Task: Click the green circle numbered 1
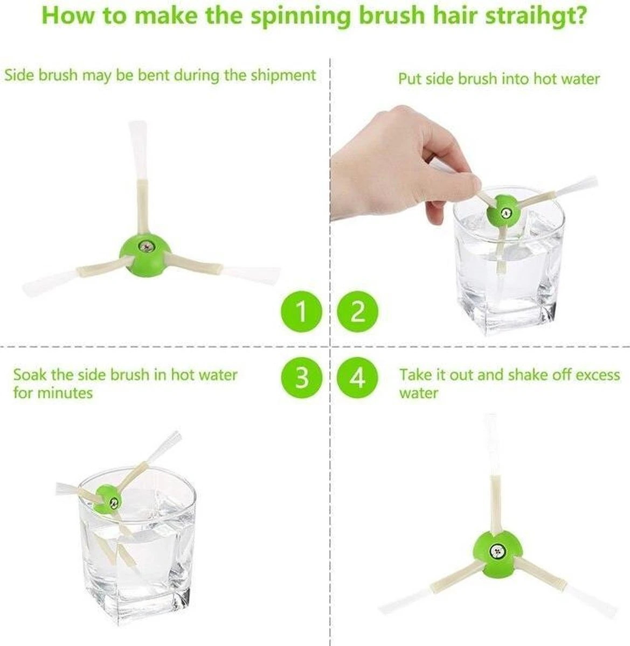(302, 311)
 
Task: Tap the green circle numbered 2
(357, 311)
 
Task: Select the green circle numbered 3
(302, 378)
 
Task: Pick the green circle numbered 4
(357, 378)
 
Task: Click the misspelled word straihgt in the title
(536, 16)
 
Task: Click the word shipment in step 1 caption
(283, 76)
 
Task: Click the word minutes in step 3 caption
(65, 393)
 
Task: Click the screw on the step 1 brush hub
(145, 246)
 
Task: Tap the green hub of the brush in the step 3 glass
(108, 499)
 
